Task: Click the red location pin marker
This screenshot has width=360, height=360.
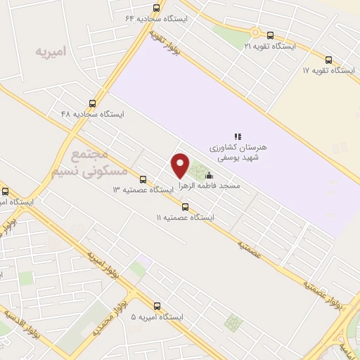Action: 181,166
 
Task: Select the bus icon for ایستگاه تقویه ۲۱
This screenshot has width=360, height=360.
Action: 271,34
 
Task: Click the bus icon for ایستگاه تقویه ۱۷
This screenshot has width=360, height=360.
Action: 329,60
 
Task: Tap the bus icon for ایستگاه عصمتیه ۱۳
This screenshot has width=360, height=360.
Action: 143,179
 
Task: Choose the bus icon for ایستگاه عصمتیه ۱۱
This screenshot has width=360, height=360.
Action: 186,207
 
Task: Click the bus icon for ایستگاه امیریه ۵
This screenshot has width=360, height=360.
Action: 156,306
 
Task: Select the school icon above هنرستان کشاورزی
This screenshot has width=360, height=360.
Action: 238,136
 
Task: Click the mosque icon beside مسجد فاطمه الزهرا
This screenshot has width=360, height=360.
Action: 208,176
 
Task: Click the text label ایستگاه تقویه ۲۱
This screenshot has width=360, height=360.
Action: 270,46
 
